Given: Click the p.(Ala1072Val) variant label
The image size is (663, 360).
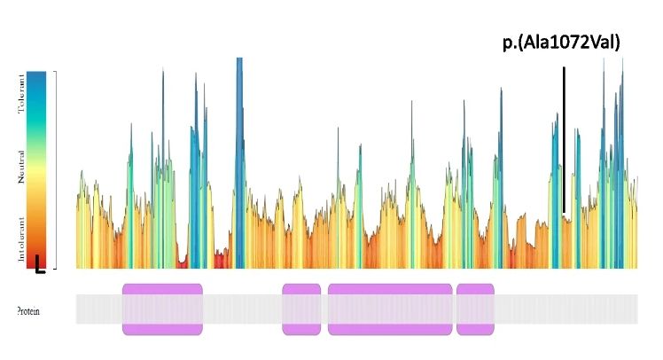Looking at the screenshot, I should tap(560, 42).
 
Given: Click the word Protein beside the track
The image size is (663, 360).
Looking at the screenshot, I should tap(27, 310).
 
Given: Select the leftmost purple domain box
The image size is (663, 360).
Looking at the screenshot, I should tap(162, 309).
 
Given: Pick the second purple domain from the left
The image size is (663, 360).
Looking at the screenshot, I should tap(301, 309).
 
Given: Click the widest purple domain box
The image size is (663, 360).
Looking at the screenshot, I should tap(390, 309).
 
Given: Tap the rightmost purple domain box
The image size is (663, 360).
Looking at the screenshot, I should tap(475, 309).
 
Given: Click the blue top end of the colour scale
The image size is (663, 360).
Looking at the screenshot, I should tap(37, 80).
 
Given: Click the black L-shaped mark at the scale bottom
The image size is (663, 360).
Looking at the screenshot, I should tap(39, 265).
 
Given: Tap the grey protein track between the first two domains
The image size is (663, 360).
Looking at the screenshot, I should tap(242, 309).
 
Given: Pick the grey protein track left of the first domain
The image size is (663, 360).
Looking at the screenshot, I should tap(98, 309).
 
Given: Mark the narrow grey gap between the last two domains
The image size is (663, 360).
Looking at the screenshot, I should tap(454, 309).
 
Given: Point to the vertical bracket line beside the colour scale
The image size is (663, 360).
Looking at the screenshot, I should tap(56, 168).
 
